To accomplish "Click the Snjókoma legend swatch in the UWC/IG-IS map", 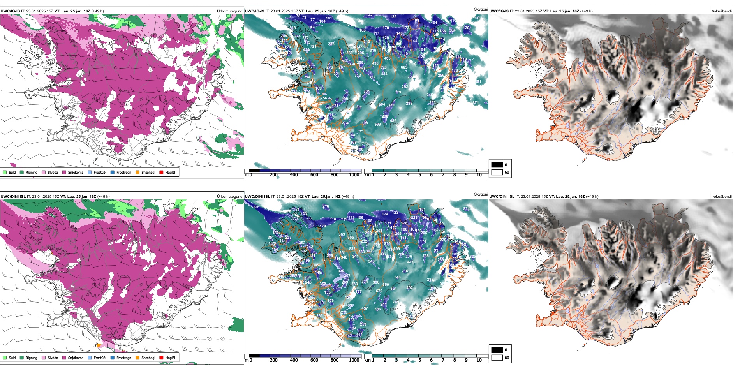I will [65, 172].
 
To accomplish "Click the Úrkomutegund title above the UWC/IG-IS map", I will [229, 11].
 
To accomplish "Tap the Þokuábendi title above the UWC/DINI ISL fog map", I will [721, 197].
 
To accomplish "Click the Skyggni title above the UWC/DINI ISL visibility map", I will [481, 194].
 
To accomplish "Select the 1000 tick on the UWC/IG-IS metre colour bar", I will [354, 175].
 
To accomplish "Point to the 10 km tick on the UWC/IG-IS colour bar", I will [479, 175].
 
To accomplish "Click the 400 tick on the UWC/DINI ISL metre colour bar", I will [294, 360].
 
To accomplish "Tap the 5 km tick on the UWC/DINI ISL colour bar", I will [419, 360].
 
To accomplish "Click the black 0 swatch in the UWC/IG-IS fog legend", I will [497, 165].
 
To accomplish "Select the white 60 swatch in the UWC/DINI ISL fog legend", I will [497, 358].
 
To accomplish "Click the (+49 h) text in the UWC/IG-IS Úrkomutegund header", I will [97, 11].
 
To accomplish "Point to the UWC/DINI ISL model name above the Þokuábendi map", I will [502, 197].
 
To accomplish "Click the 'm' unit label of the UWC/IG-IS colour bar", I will [247, 175].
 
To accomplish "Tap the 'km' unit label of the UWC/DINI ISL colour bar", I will [367, 360].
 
